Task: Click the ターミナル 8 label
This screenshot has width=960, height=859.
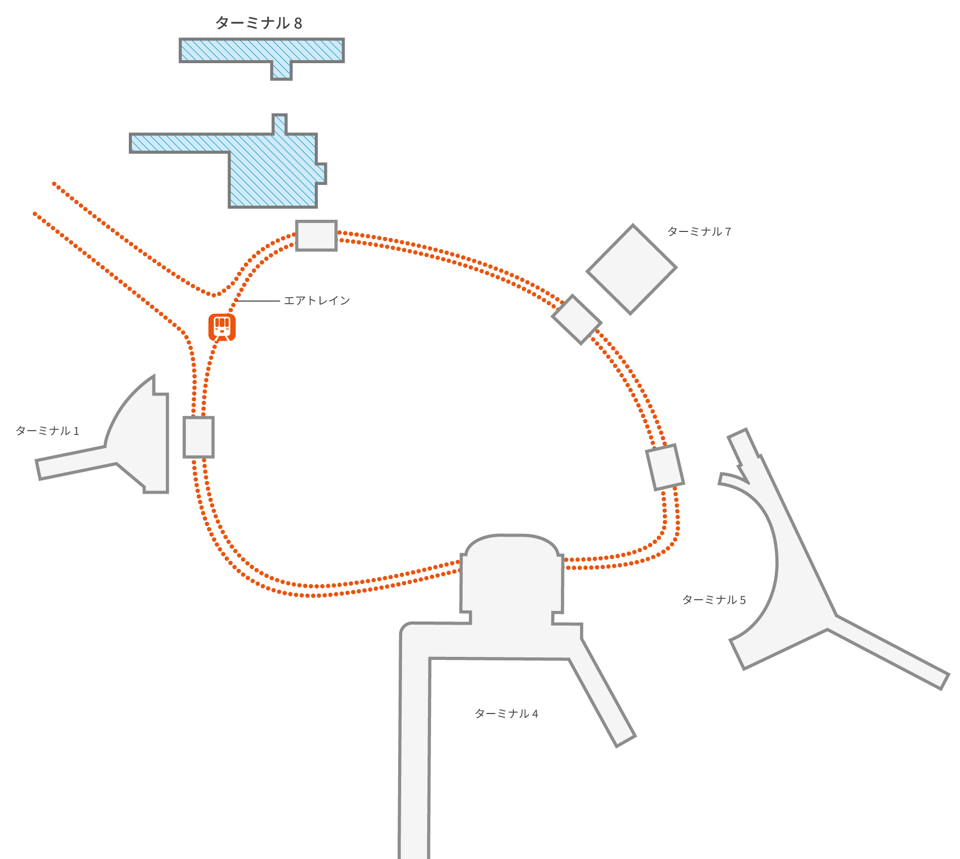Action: pyautogui.click(x=258, y=23)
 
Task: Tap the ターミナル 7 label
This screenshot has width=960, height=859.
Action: pyautogui.click(x=699, y=232)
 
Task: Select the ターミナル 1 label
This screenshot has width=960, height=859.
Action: pyautogui.click(x=47, y=431)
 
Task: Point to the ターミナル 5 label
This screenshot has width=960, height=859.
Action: pyautogui.click(x=713, y=600)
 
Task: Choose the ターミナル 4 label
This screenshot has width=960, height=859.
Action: pyautogui.click(x=506, y=713)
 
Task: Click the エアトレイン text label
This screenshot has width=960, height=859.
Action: pyautogui.click(x=317, y=301)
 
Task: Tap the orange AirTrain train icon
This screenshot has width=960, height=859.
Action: pyautogui.click(x=222, y=327)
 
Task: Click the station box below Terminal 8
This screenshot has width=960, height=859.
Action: pyautogui.click(x=316, y=235)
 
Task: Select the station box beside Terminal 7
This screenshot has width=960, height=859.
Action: pyautogui.click(x=577, y=319)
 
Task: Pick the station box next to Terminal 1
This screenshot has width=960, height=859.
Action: pyautogui.click(x=199, y=437)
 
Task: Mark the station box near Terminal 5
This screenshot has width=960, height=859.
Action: pyautogui.click(x=665, y=467)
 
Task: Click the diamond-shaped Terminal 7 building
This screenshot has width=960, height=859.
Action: pyautogui.click(x=631, y=269)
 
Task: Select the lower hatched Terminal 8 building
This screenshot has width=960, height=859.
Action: pyautogui.click(x=273, y=172)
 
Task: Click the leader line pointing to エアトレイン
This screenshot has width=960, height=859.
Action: pyautogui.click(x=258, y=301)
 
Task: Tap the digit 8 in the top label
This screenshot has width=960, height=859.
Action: pyautogui.click(x=298, y=23)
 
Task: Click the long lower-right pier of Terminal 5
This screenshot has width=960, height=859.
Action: pyautogui.click(x=889, y=652)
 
